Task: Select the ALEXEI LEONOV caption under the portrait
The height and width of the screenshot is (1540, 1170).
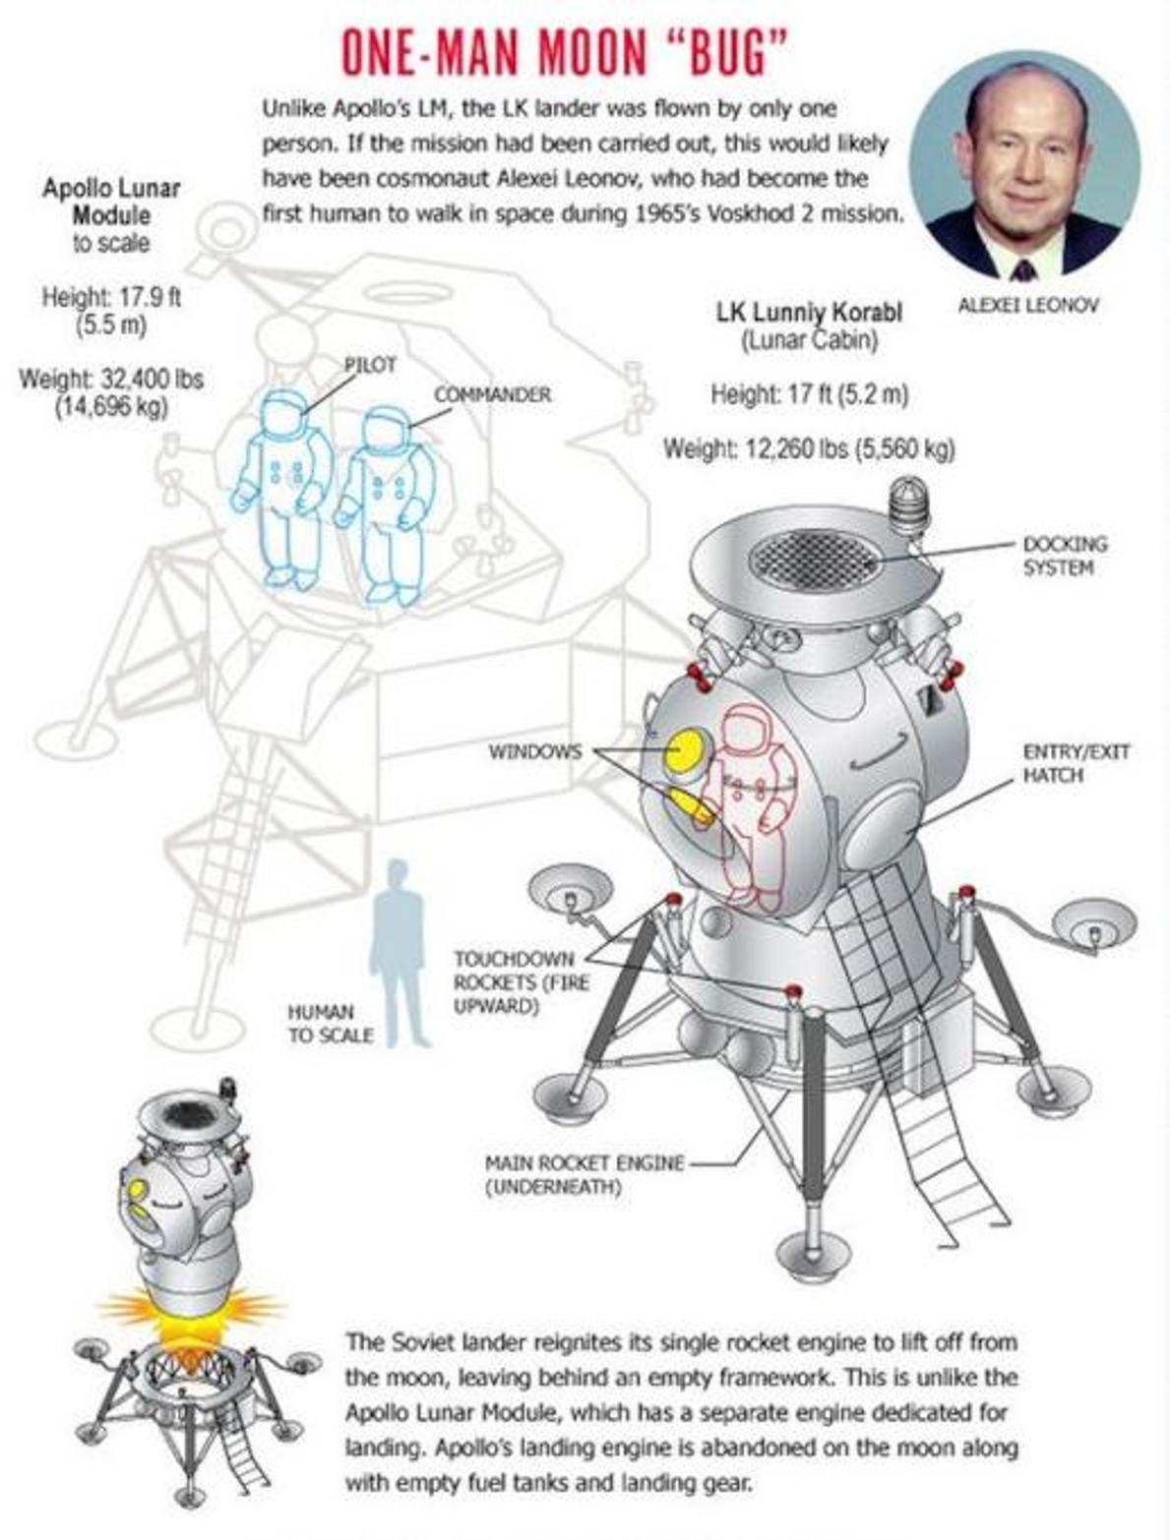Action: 1027,305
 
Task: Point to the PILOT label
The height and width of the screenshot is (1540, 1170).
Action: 370,364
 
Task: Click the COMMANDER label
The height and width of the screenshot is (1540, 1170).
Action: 492,395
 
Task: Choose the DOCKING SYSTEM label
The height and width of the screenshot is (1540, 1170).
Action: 1064,555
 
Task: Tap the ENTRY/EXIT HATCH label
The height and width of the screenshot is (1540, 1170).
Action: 1075,763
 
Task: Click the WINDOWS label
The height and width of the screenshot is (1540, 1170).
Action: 535,751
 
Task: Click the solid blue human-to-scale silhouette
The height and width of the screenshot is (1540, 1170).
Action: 400,954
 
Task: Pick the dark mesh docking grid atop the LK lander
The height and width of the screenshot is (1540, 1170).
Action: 813,560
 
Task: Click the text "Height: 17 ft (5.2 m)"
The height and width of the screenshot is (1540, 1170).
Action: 809,395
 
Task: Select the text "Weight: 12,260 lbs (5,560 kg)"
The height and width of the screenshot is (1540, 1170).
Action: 809,447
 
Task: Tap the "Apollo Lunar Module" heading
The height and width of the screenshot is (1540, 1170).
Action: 111,202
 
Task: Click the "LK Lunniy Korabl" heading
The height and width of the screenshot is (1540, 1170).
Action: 809,313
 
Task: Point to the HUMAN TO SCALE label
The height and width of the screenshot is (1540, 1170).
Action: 330,1024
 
